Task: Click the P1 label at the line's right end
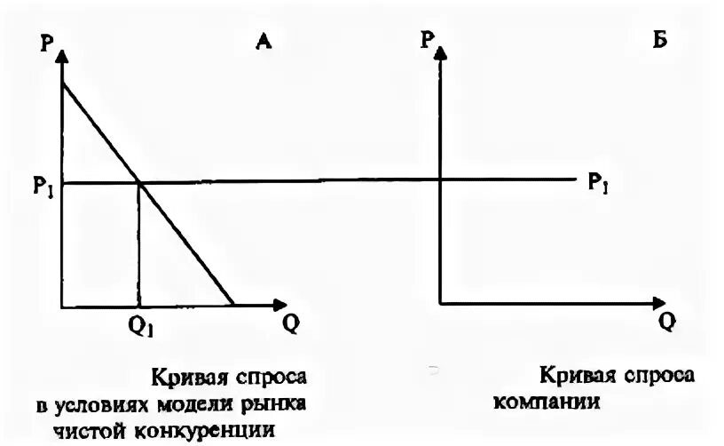(x=598, y=183)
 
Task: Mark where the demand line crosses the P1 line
(x=139, y=183)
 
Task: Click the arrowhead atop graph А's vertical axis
(x=61, y=55)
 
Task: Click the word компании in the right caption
(x=550, y=401)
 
